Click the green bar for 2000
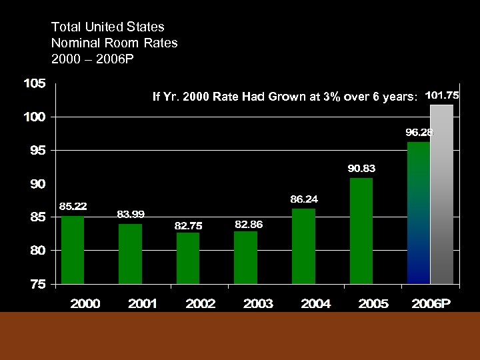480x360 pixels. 73,249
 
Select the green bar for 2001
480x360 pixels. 130,253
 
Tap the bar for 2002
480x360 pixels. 188,257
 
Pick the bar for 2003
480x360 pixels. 245,257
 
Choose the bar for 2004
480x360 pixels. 303,246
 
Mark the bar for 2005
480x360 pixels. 361,231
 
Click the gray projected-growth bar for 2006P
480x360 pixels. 441,194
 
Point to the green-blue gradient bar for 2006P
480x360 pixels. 419,213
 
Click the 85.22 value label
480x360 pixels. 73,205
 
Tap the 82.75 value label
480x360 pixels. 188,226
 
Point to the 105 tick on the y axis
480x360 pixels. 35,84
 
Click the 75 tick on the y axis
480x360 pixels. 37,284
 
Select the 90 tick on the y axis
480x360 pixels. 37,184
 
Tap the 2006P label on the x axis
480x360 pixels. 430,304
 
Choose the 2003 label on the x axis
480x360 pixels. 258,304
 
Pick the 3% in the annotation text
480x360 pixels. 329,97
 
